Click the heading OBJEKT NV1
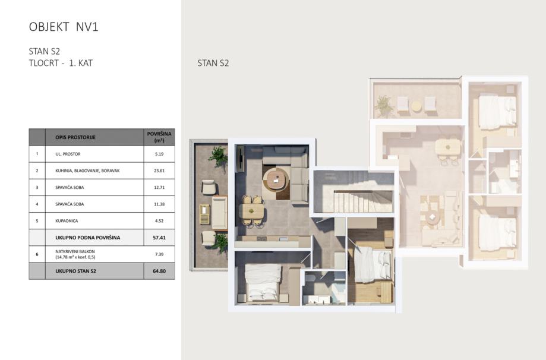tap(64, 27)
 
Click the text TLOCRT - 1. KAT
tap(61, 63)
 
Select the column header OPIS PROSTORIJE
tap(75, 137)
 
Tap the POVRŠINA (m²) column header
tap(159, 137)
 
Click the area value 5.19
tap(159, 154)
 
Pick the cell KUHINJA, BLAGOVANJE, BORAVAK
tap(87, 170)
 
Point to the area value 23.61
tap(159, 170)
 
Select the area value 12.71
tap(159, 187)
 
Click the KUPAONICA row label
tap(67, 221)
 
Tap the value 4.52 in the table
tap(159, 221)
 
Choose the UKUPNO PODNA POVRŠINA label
tap(88, 238)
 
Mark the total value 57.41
tap(159, 238)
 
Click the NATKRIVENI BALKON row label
tap(75, 251)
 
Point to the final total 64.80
tap(159, 271)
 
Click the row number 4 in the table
tap(37, 204)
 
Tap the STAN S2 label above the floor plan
tap(213, 63)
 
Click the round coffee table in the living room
tap(276, 179)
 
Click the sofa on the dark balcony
tap(219, 213)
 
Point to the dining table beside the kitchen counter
tap(251, 210)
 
